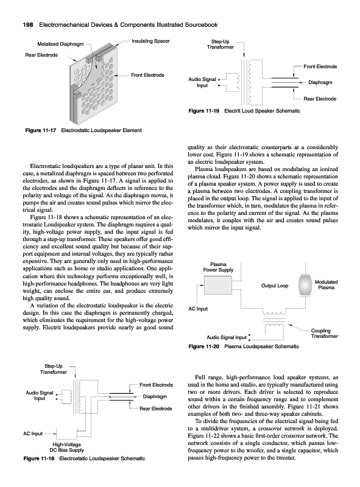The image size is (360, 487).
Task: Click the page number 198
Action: (29, 25)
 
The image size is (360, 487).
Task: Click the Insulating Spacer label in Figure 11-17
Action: (151, 41)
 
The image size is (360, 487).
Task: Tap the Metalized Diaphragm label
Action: (60, 44)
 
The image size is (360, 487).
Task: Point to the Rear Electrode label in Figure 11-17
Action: (41, 55)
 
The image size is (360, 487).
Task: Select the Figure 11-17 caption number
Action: (40, 130)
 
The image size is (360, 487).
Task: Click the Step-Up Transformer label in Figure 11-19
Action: (221, 44)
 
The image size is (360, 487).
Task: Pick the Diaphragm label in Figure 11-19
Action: (320, 82)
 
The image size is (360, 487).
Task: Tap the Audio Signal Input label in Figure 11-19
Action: (202, 82)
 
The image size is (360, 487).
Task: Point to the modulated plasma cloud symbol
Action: (305, 285)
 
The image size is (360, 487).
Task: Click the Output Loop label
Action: (275, 286)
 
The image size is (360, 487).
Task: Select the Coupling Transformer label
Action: (325, 333)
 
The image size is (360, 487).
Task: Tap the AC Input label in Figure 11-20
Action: (198, 309)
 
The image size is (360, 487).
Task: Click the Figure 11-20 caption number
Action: (204, 346)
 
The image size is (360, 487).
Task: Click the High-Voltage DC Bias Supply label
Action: (67, 447)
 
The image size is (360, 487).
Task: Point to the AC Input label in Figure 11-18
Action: (33, 433)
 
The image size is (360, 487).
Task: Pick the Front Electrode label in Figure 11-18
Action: (157, 385)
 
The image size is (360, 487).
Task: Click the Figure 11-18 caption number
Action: (39, 458)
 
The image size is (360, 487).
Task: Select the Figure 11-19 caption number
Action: (204, 111)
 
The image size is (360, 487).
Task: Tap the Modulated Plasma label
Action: (326, 285)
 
